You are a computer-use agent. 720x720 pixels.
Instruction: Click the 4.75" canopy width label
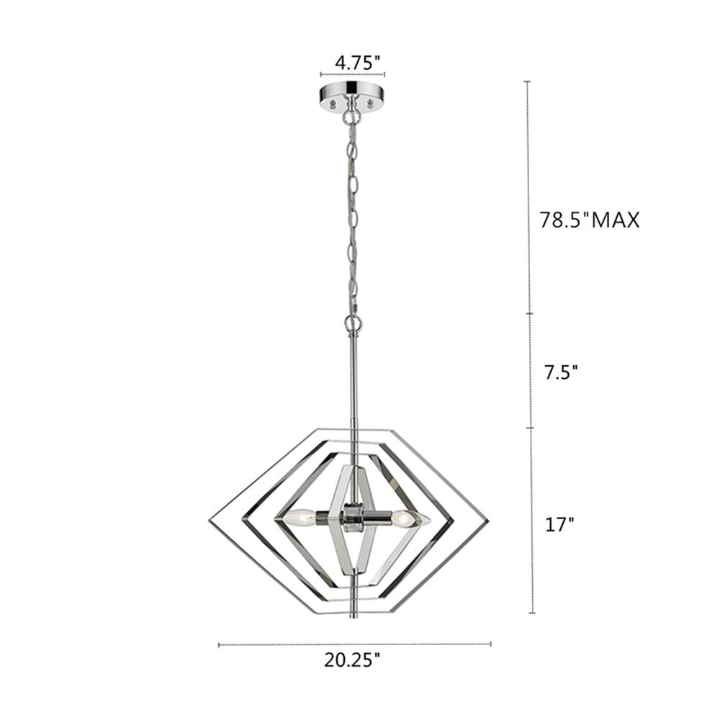[x=357, y=63]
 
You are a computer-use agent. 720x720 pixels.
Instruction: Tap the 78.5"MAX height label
[x=590, y=220]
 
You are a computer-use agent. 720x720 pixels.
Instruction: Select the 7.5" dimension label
[x=559, y=372]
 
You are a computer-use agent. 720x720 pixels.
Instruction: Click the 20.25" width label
[x=354, y=660]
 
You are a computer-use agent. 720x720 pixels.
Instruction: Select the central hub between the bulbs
[x=352, y=516]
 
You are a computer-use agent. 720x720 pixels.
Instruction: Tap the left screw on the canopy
[x=333, y=103]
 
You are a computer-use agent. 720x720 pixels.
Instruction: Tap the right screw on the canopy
[x=372, y=103]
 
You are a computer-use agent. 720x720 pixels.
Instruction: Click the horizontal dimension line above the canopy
[x=352, y=73]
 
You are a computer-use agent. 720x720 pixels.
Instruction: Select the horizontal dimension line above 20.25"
[x=354, y=644]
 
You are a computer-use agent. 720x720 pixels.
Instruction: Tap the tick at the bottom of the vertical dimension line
[x=532, y=613]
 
